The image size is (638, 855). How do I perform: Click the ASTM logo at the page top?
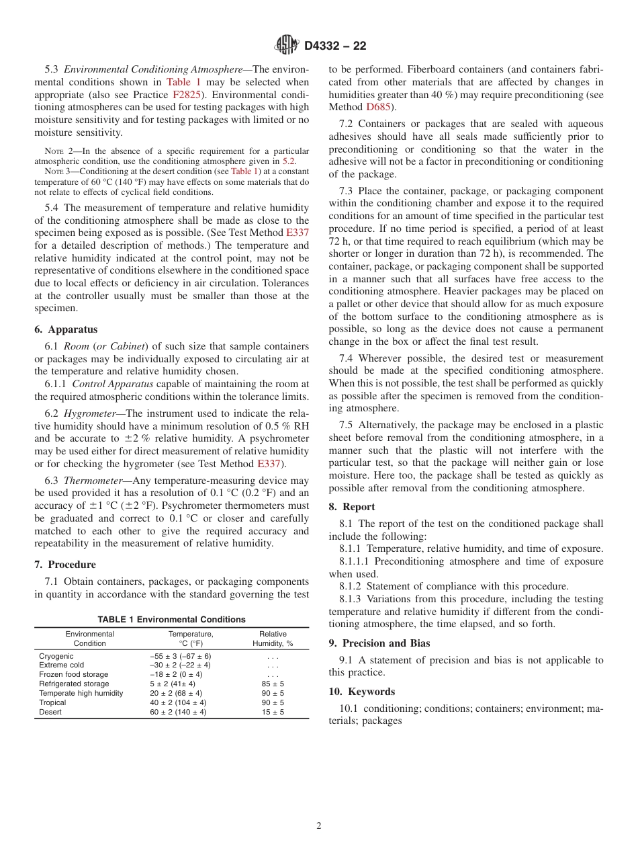tap(287, 46)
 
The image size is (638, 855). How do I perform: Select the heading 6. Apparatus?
tap(66, 329)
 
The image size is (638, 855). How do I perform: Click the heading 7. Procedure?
tap(65, 565)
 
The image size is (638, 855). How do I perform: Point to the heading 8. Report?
tap(352, 507)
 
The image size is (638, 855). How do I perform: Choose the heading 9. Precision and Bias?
tap(379, 643)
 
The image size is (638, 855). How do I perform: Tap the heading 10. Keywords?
tap(362, 692)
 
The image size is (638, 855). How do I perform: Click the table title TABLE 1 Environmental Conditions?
tap(171, 620)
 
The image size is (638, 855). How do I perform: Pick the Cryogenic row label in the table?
tap(56, 656)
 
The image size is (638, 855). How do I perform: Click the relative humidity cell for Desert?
tap(273, 712)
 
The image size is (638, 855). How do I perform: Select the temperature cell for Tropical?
tap(178, 702)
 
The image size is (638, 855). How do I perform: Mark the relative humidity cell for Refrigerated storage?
tap(273, 684)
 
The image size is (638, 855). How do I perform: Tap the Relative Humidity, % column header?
tap(273, 639)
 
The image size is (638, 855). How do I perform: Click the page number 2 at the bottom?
tap(319, 826)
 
